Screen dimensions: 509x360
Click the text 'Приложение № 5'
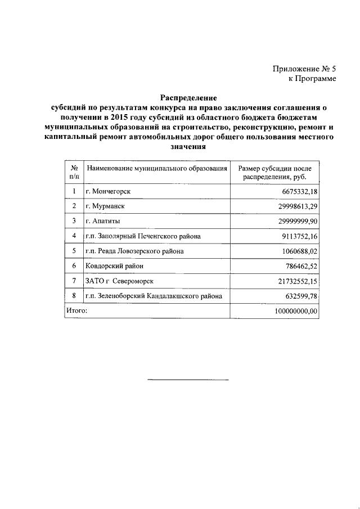(304, 69)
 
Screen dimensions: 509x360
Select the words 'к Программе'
(312, 79)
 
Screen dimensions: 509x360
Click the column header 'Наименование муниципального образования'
(156, 168)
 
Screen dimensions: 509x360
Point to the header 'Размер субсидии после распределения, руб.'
(274, 173)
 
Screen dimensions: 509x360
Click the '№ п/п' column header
(74, 173)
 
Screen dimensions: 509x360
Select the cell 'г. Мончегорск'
(108, 192)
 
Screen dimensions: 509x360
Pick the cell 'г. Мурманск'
(105, 206)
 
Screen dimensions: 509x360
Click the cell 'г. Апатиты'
(103, 221)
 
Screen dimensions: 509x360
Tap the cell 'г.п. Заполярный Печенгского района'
(143, 236)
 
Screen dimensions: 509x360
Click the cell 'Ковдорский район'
(112, 265)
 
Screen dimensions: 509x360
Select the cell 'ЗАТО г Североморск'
(119, 280)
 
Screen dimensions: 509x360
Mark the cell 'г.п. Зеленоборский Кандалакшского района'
(154, 295)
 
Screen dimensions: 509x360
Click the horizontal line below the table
(188, 380)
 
